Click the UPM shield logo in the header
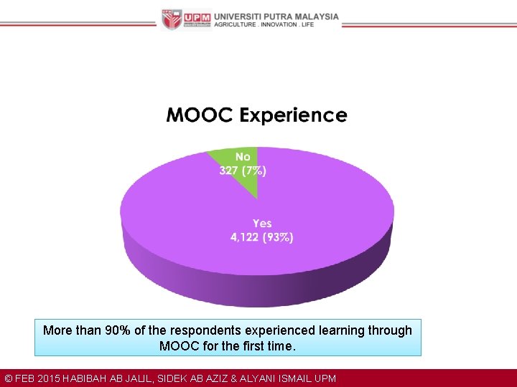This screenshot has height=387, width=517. (x=171, y=19)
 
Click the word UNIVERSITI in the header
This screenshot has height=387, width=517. (x=240, y=16)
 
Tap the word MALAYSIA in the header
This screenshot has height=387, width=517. (x=314, y=16)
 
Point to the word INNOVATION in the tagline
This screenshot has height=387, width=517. (x=277, y=24)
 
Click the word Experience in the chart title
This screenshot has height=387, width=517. (x=294, y=116)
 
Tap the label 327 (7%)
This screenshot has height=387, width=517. (x=243, y=171)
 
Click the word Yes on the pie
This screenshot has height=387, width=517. (x=262, y=224)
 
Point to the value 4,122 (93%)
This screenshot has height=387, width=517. (x=261, y=237)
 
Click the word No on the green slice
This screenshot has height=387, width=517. (x=243, y=157)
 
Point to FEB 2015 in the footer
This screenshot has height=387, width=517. (x=37, y=378)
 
